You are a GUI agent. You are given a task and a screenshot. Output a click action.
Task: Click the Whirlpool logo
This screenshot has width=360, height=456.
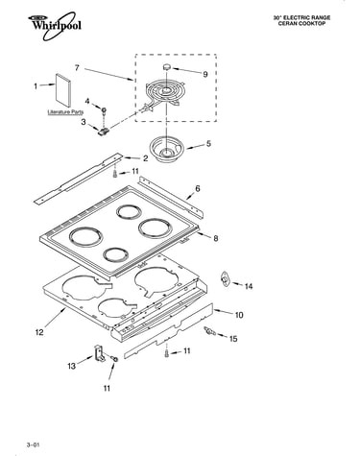click(55, 25)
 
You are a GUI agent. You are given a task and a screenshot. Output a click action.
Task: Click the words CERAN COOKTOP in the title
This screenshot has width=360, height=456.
click(301, 24)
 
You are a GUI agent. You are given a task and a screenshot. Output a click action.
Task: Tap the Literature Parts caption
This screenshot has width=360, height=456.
click(65, 112)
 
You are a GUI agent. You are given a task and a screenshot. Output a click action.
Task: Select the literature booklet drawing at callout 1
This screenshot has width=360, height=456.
click(63, 90)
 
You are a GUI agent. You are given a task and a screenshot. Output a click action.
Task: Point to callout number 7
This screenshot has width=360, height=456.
click(77, 68)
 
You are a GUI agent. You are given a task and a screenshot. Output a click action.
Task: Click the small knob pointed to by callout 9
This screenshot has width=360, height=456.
click(166, 67)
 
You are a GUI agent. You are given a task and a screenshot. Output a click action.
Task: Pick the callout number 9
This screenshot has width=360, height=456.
click(205, 74)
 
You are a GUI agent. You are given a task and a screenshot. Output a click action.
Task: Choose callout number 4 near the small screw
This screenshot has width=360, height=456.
click(87, 101)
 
